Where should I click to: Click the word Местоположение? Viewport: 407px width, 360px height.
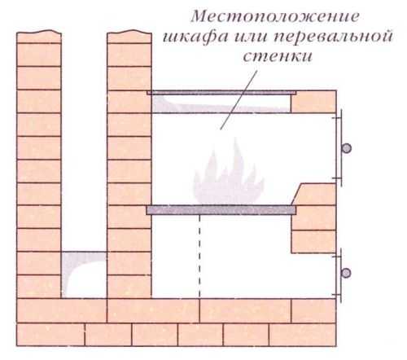coord(275,17)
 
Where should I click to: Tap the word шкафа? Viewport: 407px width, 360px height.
coord(195,37)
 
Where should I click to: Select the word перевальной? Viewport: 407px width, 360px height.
coord(333,37)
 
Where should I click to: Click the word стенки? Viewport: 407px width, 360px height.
coord(278,56)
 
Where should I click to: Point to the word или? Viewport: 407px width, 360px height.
coord(251,37)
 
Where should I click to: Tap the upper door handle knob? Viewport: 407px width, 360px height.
coord(346,148)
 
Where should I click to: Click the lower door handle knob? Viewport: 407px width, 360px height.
coord(346,273)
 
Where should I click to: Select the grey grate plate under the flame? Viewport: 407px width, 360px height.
coord(221,210)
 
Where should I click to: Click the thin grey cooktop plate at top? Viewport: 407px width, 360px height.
coord(221,93)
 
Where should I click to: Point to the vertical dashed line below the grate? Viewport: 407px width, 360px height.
coord(199,256)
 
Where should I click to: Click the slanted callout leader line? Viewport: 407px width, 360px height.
coord(239,100)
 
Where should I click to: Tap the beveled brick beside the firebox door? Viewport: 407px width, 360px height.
coord(313,195)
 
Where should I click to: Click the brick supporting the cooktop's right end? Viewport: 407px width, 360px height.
coord(313,102)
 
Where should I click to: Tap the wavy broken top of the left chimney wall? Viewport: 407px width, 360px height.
coord(39,32)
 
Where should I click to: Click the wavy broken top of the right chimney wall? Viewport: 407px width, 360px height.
coord(129,32)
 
